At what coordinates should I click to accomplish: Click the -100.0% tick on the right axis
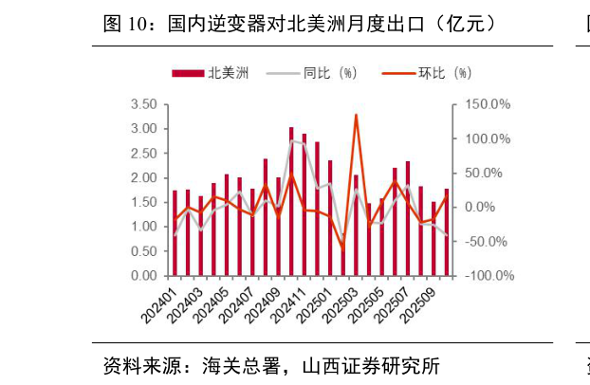tap(489, 276)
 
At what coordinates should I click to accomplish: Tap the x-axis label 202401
tap(162, 305)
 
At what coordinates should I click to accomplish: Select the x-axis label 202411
tap(292, 305)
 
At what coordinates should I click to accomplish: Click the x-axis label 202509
tap(422, 305)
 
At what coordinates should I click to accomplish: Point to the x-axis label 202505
tap(370, 305)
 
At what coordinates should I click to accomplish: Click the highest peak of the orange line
tap(356, 115)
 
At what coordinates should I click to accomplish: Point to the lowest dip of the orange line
tap(342, 248)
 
